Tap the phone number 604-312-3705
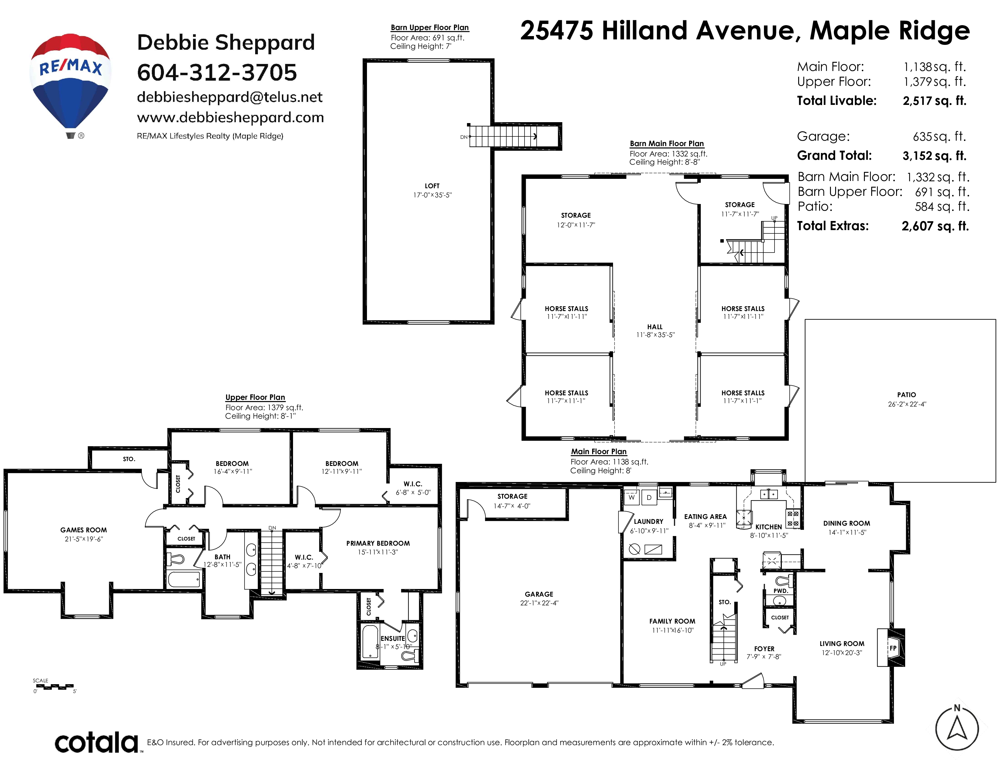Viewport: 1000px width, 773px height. pos(217,72)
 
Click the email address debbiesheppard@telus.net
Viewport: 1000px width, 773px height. pos(229,97)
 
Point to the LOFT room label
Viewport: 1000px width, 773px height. pos(432,186)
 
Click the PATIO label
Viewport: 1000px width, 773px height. pos(907,395)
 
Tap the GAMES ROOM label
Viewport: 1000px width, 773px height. pos(83,530)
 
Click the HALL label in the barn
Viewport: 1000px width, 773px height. pos(655,327)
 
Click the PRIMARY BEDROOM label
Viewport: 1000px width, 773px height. pos(378,544)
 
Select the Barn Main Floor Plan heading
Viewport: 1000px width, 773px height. pos(667,144)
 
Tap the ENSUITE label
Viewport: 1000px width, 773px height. pos(393,638)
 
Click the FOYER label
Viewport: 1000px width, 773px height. pos(764,649)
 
